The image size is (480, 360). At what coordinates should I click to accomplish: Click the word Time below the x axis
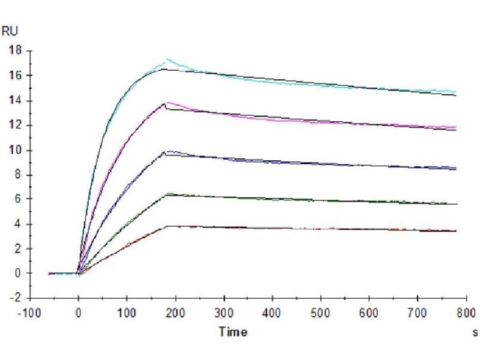[x=232, y=331]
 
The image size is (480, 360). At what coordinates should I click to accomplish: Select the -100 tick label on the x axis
[x=31, y=313]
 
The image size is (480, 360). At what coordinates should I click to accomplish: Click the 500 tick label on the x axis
[x=321, y=313]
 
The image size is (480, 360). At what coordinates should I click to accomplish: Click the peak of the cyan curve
[x=167, y=59]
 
